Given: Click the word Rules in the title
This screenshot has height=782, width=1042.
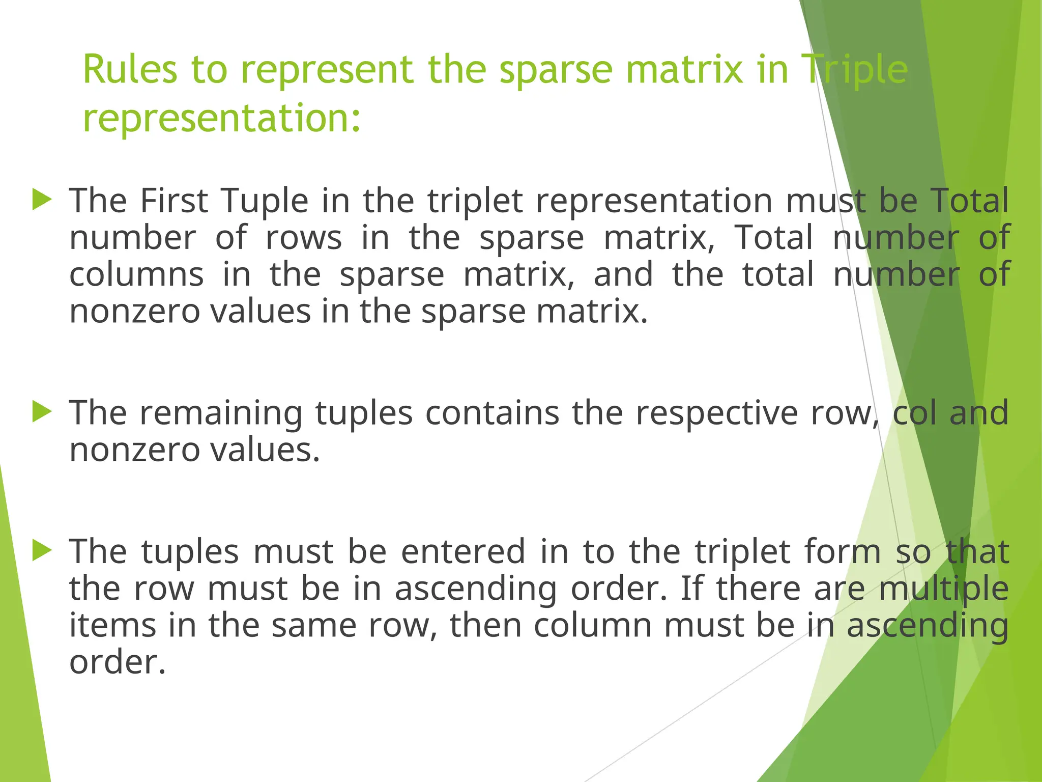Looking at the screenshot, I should (130, 70).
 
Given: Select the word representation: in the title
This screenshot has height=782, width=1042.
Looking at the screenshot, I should (222, 118).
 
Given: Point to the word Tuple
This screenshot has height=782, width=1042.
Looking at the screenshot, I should (265, 201).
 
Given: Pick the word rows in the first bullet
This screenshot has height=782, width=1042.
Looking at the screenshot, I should (304, 238).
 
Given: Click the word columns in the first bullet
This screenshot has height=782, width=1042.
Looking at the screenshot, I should (136, 274).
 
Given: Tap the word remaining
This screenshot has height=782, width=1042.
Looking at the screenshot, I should (221, 413).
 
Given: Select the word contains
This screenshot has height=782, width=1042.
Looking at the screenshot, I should (492, 413).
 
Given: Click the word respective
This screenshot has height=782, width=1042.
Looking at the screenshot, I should (716, 413).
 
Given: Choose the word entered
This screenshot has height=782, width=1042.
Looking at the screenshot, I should (463, 552).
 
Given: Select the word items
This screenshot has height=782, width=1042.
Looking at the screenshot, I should (112, 626).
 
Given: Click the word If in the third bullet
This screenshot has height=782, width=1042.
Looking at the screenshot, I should (691, 589).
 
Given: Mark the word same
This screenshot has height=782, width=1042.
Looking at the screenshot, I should (314, 626).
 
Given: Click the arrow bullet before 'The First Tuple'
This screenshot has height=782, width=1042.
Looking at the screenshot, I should (42, 200).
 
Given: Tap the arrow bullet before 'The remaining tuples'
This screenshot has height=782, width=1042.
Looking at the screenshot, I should (42, 411).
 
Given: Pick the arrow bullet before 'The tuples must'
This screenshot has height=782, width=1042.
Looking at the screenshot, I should (42, 550).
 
